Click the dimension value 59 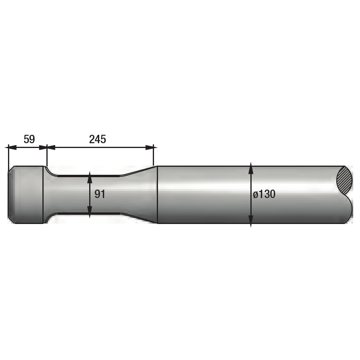(x=29, y=139)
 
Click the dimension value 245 (x=97, y=139)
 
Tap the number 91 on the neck (x=100, y=194)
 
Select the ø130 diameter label (x=264, y=194)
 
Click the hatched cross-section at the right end (x=345, y=181)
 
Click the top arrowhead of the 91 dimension (x=89, y=175)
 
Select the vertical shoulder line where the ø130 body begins (x=157, y=195)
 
